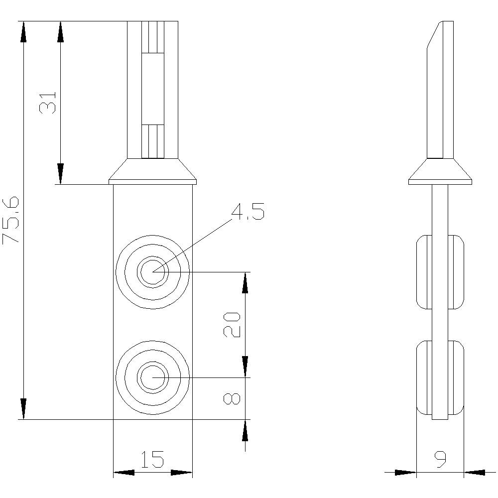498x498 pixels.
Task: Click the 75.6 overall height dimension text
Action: coord(11,220)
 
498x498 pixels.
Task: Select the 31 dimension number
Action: coord(48,103)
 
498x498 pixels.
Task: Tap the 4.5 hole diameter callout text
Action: coord(248,212)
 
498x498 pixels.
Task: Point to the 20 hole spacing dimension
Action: coord(232,325)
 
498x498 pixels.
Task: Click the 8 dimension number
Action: coord(232,398)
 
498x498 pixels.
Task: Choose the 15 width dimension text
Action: coord(152,460)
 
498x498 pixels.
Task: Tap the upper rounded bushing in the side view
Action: coord(440,272)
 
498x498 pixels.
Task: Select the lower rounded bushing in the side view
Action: coord(440,377)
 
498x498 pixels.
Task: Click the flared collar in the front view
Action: coord(152,172)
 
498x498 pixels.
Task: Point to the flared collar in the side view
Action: coord(440,172)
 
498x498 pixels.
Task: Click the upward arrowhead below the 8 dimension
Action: coord(245,430)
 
